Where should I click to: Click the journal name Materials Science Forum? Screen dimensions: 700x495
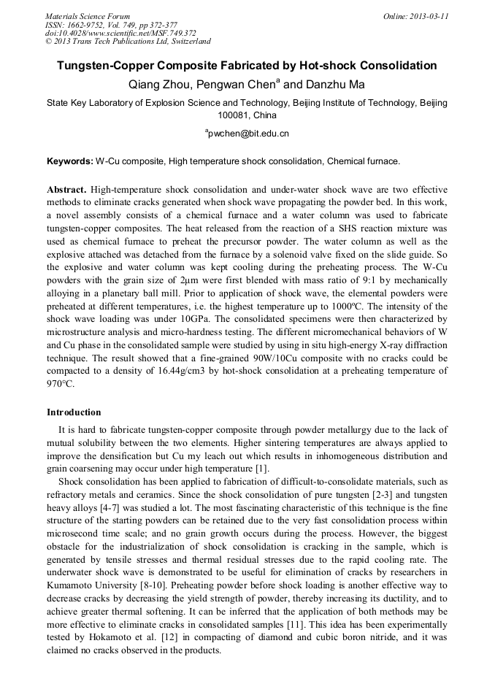click(88, 16)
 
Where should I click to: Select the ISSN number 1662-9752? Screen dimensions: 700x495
click(90, 24)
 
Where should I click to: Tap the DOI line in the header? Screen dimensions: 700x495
click(120, 33)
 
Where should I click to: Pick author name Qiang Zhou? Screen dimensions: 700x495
click(158, 85)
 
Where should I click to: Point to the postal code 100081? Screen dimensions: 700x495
click(234, 115)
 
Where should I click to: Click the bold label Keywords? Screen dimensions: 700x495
click(70, 161)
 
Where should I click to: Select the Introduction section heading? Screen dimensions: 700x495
click(74, 412)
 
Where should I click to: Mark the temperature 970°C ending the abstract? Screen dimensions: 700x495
click(61, 384)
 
